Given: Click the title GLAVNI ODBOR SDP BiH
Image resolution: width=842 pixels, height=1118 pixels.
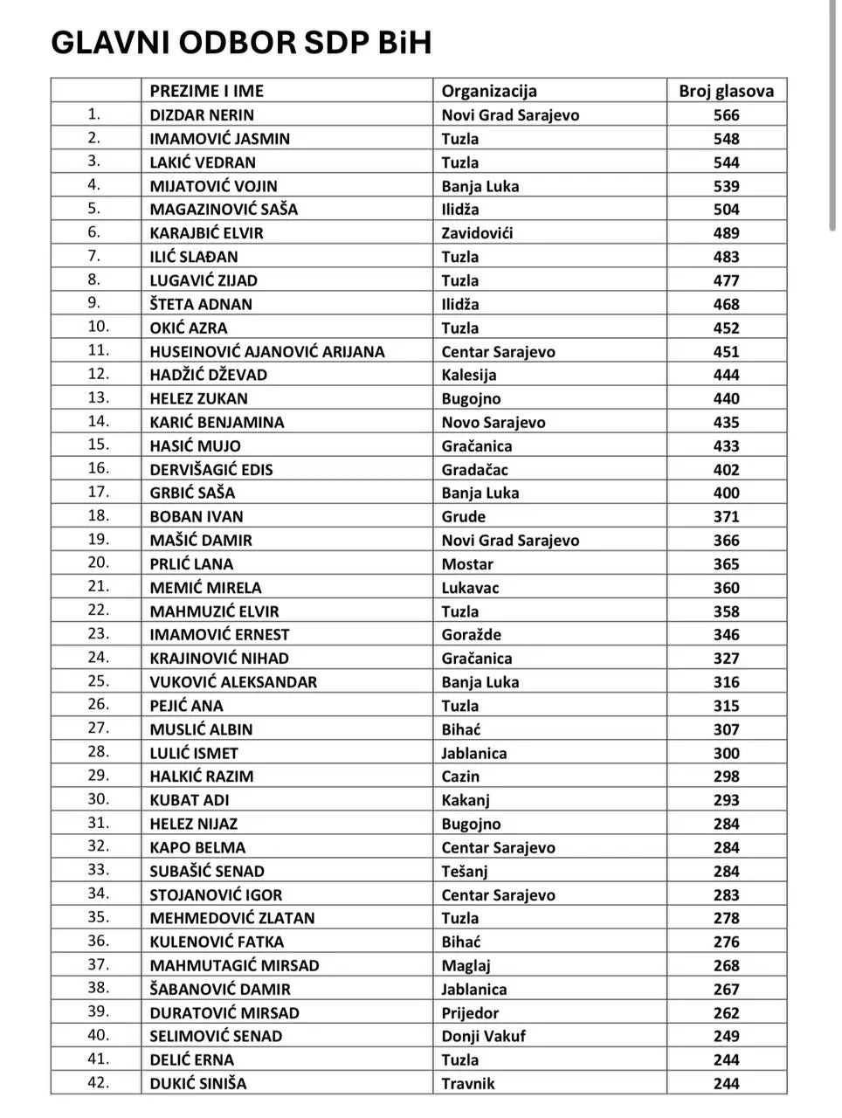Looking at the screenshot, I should point(241,43).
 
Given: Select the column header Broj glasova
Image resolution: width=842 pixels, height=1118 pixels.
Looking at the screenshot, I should point(726,91).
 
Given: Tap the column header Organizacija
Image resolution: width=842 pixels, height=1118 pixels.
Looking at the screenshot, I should point(489,91).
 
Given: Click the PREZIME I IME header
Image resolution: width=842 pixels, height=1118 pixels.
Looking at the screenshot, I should point(206,91).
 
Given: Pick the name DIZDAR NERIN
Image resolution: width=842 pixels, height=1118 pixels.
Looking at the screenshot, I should point(202,114).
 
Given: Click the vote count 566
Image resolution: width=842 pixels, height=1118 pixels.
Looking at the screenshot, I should point(726,114).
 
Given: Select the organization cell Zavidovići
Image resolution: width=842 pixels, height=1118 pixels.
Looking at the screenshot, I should point(477,233).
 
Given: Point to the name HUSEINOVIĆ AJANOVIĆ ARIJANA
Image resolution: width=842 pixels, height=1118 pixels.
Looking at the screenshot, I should point(266,351).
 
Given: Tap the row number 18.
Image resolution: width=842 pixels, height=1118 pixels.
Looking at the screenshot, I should point(98,516).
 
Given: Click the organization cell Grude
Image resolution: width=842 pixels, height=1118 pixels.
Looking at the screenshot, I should point(463,516).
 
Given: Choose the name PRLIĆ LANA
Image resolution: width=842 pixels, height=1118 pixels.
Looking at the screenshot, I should point(191,564).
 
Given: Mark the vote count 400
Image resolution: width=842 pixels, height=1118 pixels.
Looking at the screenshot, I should point(726,493).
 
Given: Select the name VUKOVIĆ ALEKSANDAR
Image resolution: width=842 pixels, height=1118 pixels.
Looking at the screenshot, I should point(233,682).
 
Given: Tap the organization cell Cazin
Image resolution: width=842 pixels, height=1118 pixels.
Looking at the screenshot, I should point(460,776).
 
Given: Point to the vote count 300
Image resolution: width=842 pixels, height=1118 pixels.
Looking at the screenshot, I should point(726,753).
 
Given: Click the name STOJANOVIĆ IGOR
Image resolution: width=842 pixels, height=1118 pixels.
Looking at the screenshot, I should point(216,894).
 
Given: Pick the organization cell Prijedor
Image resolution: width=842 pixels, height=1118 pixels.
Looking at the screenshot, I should point(470,1013).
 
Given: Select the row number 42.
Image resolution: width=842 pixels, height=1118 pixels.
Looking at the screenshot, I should point(98,1083).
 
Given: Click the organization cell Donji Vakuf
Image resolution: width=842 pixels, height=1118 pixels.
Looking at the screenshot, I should point(483,1036).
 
